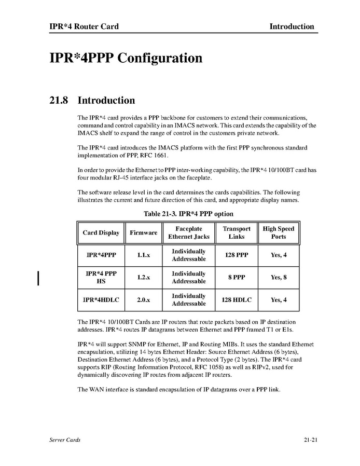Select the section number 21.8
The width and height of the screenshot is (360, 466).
pyautogui.click(x=53, y=100)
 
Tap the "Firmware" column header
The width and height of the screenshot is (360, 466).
pyautogui.click(x=143, y=233)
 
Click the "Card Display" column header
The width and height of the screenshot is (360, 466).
pyautogui.click(x=101, y=233)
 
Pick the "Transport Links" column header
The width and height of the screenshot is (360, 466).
pyautogui.click(x=237, y=232)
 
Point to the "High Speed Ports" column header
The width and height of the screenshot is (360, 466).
pyautogui.click(x=279, y=232)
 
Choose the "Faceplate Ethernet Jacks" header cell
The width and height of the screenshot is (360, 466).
pyautogui.click(x=189, y=232)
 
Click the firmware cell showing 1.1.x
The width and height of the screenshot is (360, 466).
pyautogui.click(x=143, y=255)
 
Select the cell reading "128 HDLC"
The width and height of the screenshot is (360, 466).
pyautogui.click(x=237, y=300)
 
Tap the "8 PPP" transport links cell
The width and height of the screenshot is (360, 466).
pyautogui.click(x=237, y=278)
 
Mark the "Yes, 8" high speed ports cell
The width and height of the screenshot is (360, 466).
pyautogui.click(x=279, y=278)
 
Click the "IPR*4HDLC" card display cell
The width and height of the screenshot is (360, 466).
pyautogui.click(x=101, y=300)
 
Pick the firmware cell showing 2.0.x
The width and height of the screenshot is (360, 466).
pyautogui.click(x=143, y=300)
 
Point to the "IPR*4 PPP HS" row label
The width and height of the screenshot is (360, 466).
pyautogui.click(x=101, y=278)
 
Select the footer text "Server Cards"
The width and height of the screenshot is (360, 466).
pyautogui.click(x=65, y=440)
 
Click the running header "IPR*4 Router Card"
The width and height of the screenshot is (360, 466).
pyautogui.click(x=80, y=26)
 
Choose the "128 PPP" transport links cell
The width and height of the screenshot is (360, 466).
pyautogui.click(x=237, y=255)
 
